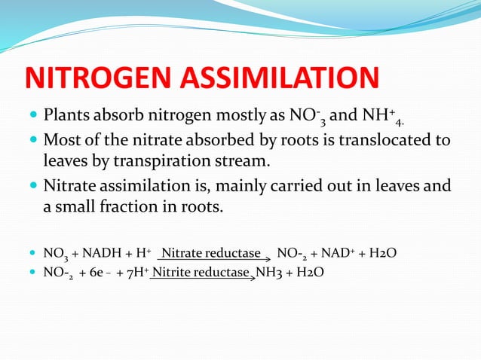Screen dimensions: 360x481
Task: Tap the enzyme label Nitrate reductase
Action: tap(211, 253)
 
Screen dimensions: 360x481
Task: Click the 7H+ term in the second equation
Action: tap(133, 273)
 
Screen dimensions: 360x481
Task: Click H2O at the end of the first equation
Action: tap(381, 254)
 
